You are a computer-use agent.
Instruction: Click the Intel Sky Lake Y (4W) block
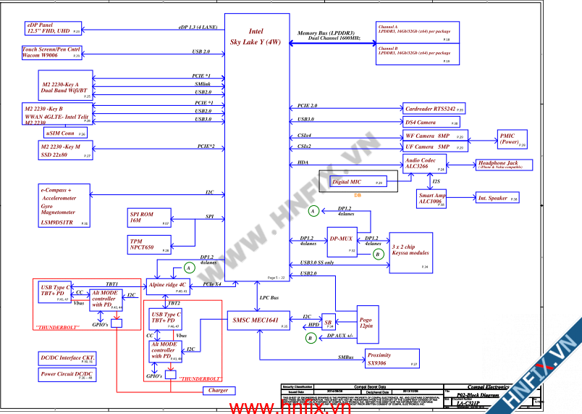(x=256, y=145)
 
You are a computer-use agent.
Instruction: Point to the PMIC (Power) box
(x=513, y=139)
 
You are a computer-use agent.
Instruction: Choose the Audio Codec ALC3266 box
(x=426, y=163)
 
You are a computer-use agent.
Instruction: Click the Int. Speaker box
(x=497, y=198)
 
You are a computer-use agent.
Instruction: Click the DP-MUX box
(x=341, y=239)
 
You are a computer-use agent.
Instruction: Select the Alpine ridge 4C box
(x=169, y=286)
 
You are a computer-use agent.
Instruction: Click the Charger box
(x=218, y=390)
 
